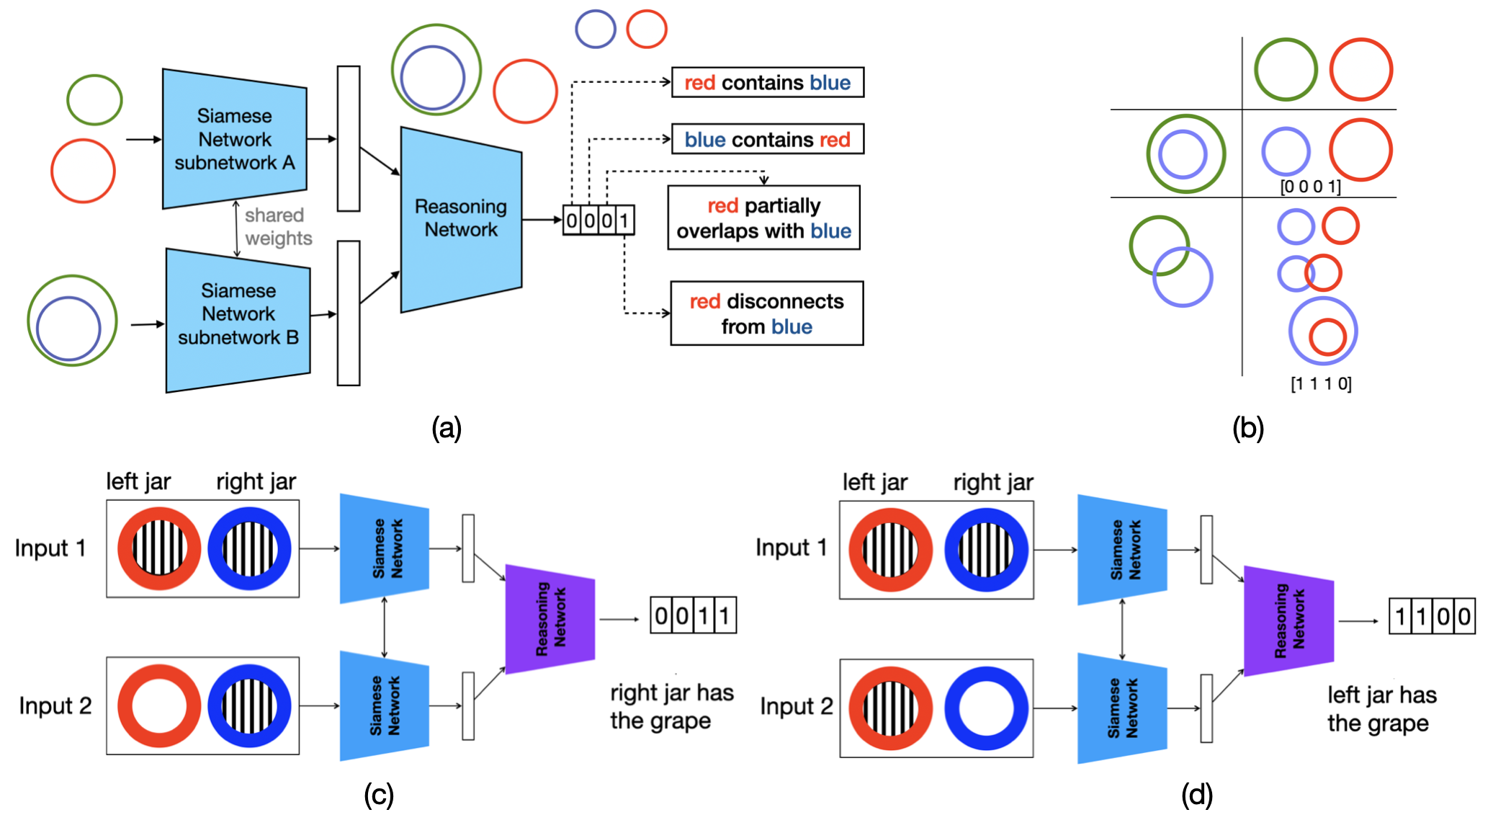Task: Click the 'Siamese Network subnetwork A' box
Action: [235, 139]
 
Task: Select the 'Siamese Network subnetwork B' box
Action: [238, 315]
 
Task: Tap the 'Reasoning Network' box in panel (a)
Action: [461, 218]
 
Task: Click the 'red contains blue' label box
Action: [767, 83]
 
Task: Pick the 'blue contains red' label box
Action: [767, 140]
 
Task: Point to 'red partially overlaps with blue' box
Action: [763, 218]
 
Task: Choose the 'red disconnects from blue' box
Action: [766, 313]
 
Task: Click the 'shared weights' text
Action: [277, 226]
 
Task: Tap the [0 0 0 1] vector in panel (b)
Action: [1310, 187]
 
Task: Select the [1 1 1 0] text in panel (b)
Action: [1321, 383]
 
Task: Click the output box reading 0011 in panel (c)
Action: [693, 615]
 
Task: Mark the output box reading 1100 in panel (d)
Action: [1432, 616]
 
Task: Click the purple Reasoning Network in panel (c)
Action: [550, 619]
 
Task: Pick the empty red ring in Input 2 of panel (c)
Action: [159, 705]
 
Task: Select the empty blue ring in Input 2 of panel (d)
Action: [986, 708]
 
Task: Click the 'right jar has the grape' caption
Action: [671, 706]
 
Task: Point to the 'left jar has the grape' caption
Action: [1381, 709]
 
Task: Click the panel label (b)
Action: [1247, 428]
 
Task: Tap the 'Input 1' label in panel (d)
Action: [791, 548]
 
